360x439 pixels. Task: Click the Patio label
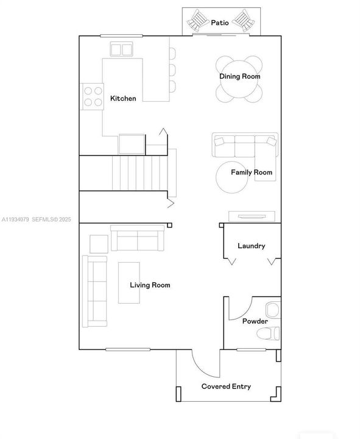pos(220,23)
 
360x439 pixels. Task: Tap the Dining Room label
pos(240,77)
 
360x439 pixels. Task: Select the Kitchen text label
pos(123,99)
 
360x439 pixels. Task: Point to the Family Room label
pos(251,173)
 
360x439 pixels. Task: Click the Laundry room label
pos(251,246)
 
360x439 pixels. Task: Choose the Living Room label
pos(150,285)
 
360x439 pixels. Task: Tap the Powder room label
pos(255,321)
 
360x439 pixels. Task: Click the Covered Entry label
pos(226,387)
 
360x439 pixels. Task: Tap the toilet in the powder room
pos(267,334)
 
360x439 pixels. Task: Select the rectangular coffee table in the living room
pos(129,282)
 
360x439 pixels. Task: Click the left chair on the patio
pos(198,22)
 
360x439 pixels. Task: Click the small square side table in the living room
pos(99,243)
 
